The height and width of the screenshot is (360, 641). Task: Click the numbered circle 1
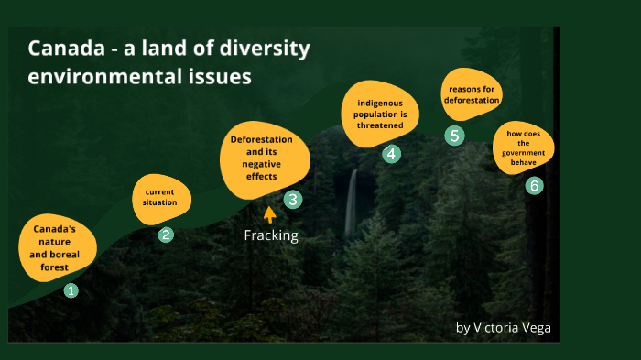click(71, 290)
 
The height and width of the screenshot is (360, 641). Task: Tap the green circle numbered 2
click(166, 235)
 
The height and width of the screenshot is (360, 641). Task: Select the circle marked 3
click(292, 199)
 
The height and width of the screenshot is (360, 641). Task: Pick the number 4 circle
click(391, 154)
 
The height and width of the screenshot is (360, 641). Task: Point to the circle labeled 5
click(455, 136)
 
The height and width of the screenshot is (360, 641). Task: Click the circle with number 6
click(535, 186)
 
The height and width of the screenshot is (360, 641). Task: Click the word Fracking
click(271, 235)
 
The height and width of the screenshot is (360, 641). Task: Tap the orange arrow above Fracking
click(269, 214)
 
